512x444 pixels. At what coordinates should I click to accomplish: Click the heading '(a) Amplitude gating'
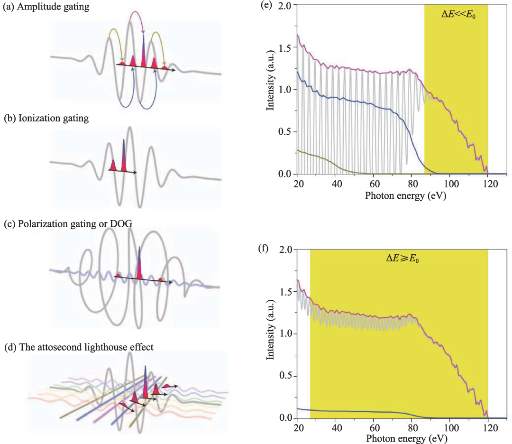coord(46,7)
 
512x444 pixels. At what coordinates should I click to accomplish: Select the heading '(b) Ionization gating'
coord(46,118)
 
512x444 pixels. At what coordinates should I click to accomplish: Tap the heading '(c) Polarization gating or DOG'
coord(68,224)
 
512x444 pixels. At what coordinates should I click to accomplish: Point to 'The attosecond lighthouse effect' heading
coord(86,347)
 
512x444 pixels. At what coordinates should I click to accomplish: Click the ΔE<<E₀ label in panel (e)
coord(458,14)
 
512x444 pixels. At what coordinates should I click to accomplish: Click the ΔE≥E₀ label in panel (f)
coord(402,259)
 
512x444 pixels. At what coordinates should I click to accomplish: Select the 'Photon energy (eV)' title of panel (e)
coord(405,196)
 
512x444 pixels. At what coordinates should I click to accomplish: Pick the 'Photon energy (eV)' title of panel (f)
coord(406,438)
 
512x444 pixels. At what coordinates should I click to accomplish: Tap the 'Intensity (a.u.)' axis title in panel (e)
coord(270,80)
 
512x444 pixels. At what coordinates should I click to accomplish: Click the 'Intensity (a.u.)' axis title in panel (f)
coord(270,329)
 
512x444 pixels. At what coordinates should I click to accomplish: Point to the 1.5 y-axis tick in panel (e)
coord(285,47)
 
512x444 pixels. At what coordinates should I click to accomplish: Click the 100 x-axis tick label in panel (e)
coord(451,184)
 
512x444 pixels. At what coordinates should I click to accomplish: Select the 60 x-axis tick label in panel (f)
coord(375,428)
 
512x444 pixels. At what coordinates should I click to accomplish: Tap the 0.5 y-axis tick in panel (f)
coord(285,376)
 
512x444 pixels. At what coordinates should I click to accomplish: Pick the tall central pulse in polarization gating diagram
coord(139,263)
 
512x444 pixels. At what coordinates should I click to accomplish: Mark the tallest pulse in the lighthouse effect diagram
coord(146,381)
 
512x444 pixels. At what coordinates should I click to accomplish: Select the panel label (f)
coord(263,249)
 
